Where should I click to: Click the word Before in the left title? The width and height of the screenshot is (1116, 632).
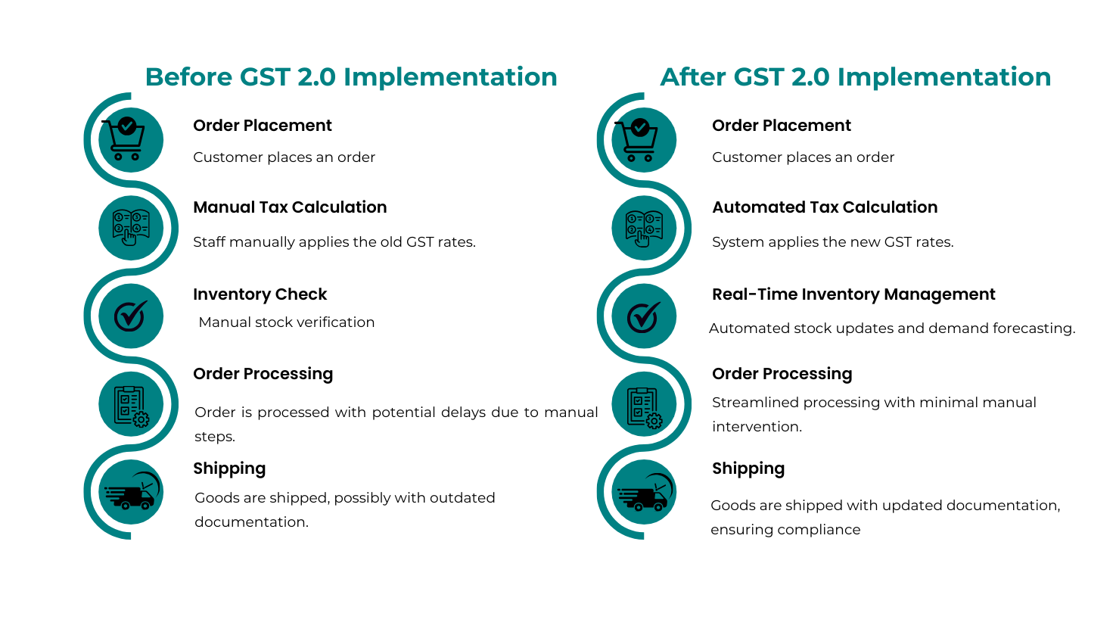[189, 77]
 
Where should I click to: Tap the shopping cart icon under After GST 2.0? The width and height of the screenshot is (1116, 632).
[637, 139]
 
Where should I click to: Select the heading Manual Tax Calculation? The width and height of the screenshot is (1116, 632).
[290, 207]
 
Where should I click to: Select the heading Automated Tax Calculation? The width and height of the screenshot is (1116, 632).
[825, 207]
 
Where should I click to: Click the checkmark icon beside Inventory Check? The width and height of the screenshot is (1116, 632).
[131, 316]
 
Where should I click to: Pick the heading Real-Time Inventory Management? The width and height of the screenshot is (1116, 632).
[853, 294]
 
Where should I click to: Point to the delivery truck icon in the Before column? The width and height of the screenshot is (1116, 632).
[132, 491]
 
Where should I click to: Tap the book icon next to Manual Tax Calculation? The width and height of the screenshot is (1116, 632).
[131, 227]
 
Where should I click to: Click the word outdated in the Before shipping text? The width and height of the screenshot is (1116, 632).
[462, 497]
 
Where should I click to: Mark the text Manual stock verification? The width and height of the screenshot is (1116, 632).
[287, 322]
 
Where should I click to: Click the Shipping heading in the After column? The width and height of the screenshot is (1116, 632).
[748, 469]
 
